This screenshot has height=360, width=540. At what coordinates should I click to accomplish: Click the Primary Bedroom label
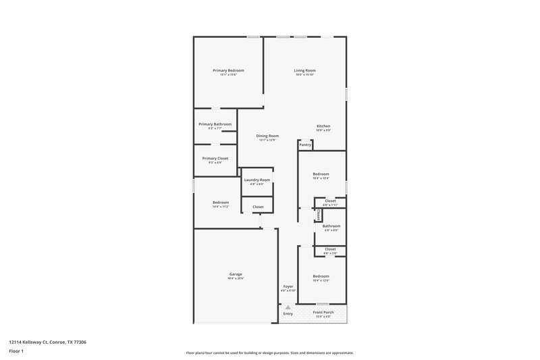[x=228, y=71]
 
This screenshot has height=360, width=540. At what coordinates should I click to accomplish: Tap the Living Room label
[x=304, y=71]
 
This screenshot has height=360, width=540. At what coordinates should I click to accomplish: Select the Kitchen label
[x=324, y=126]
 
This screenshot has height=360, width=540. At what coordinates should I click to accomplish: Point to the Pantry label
[x=305, y=145]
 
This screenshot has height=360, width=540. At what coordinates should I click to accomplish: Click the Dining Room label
[x=268, y=136]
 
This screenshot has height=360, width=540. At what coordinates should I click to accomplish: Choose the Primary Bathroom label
[x=215, y=124]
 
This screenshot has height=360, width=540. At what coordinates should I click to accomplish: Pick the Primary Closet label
[x=215, y=158]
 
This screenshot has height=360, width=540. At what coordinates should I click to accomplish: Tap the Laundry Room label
[x=257, y=180]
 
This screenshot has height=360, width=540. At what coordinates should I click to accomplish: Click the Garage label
[x=235, y=274]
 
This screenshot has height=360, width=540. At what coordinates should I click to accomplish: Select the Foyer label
[x=288, y=286]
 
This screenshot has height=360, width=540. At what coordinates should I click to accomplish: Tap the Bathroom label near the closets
[x=331, y=226]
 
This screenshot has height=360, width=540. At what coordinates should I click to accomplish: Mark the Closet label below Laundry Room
[x=258, y=207]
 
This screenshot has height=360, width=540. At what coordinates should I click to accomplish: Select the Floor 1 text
[x=16, y=351]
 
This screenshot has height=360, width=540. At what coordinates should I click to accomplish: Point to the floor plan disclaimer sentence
[x=270, y=353]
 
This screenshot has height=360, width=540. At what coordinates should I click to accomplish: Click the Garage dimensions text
[x=235, y=278]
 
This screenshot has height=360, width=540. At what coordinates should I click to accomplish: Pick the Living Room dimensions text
[x=304, y=75]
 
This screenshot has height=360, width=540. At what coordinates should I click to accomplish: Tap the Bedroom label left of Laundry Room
[x=221, y=203]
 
